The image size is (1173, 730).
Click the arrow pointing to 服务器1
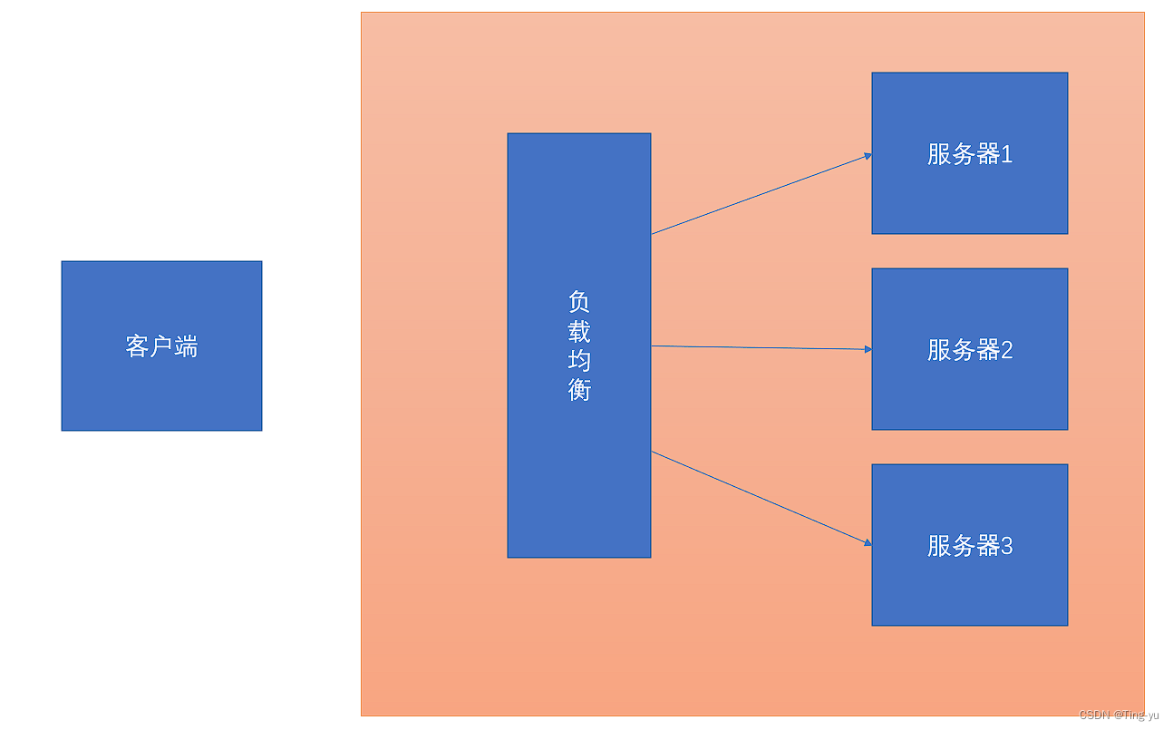(x=761, y=194)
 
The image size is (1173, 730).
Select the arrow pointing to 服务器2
(x=761, y=347)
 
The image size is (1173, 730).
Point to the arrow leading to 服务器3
(x=761, y=499)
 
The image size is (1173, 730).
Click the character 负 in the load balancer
(x=579, y=301)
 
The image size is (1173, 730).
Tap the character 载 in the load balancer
(x=579, y=331)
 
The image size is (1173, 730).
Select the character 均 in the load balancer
(x=579, y=360)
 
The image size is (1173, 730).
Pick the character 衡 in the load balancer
(x=579, y=390)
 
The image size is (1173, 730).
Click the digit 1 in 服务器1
(x=1006, y=155)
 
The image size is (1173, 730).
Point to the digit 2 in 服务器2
(x=1006, y=350)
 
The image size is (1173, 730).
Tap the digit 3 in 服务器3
(x=1006, y=546)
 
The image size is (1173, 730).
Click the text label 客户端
(x=161, y=346)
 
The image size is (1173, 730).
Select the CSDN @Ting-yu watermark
(x=1119, y=715)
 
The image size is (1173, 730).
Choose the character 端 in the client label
(x=186, y=346)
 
